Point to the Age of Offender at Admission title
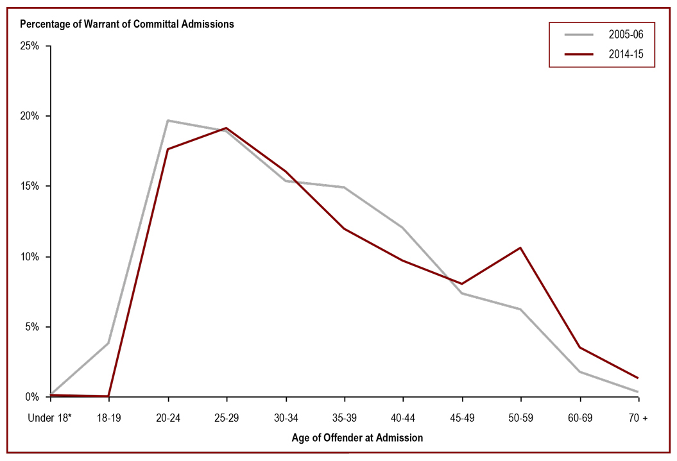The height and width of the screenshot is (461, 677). point(344,439)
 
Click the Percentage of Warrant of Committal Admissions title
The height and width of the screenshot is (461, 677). point(127,24)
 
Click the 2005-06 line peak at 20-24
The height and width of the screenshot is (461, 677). point(167,121)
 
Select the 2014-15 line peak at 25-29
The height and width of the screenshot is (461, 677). point(227,128)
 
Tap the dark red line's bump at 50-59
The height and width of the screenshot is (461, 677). point(520,247)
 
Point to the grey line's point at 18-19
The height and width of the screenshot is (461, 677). point(108,343)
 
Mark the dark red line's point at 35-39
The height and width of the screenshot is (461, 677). point(344,228)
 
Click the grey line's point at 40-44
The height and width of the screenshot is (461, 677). point(403,228)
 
